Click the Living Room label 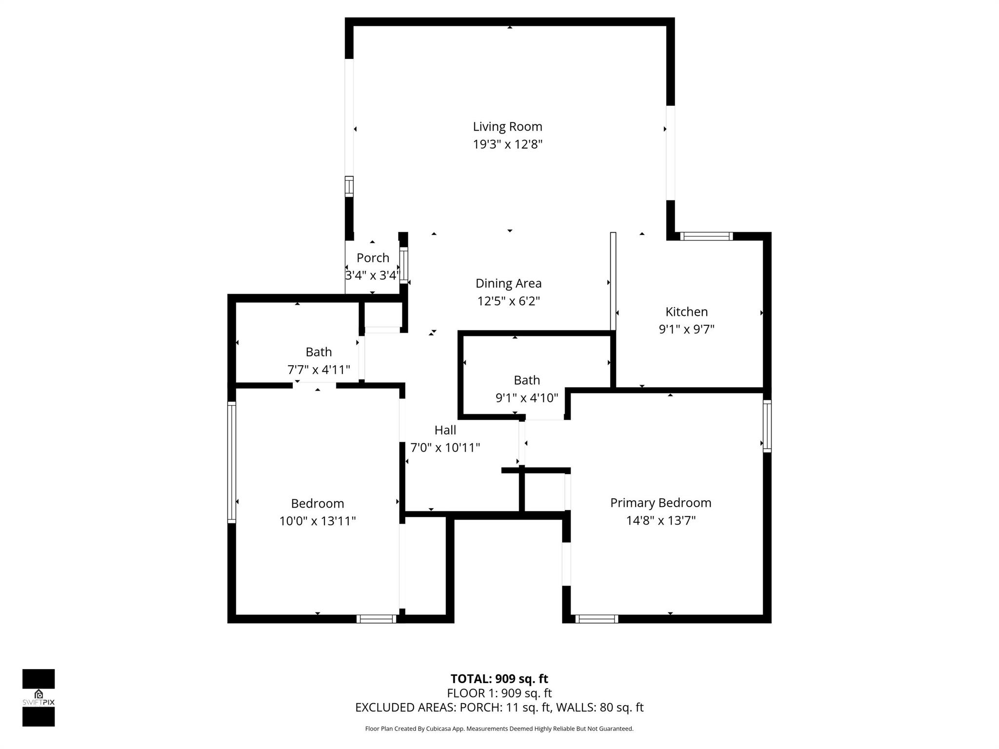[x=507, y=127]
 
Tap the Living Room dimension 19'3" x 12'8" [x=507, y=144]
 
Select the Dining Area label [x=508, y=283]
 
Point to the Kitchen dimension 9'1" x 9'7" [x=686, y=330]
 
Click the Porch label [x=373, y=258]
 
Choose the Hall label [x=445, y=430]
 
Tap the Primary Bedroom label [x=660, y=503]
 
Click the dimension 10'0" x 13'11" [x=318, y=521]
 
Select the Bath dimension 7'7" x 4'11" [x=319, y=370]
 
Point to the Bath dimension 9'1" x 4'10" [x=527, y=398]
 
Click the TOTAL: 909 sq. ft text [x=499, y=679]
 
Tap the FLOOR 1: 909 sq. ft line [x=499, y=693]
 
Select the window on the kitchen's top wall [x=706, y=237]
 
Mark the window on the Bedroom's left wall [x=232, y=462]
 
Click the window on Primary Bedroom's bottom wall [x=597, y=619]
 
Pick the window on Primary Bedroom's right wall [x=767, y=426]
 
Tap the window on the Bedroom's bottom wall [x=376, y=619]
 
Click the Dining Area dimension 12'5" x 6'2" [x=508, y=301]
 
